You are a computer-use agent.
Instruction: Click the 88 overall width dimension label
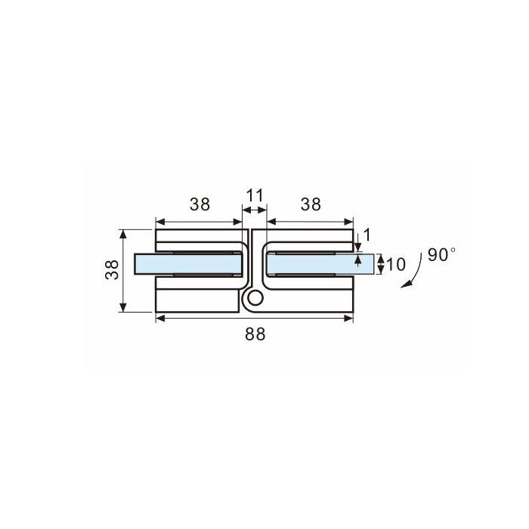[255, 334]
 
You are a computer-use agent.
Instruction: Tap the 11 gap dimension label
[255, 195]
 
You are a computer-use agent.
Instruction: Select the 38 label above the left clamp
[200, 204]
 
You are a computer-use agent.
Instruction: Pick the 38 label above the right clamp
[311, 204]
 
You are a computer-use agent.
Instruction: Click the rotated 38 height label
[113, 269]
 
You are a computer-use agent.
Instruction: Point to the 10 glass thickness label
[396, 265]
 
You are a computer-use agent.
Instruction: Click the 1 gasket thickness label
[367, 235]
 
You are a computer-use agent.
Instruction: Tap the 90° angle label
[441, 254]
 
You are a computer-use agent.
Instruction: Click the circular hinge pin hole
[255, 299]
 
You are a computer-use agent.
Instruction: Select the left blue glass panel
[188, 264]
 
